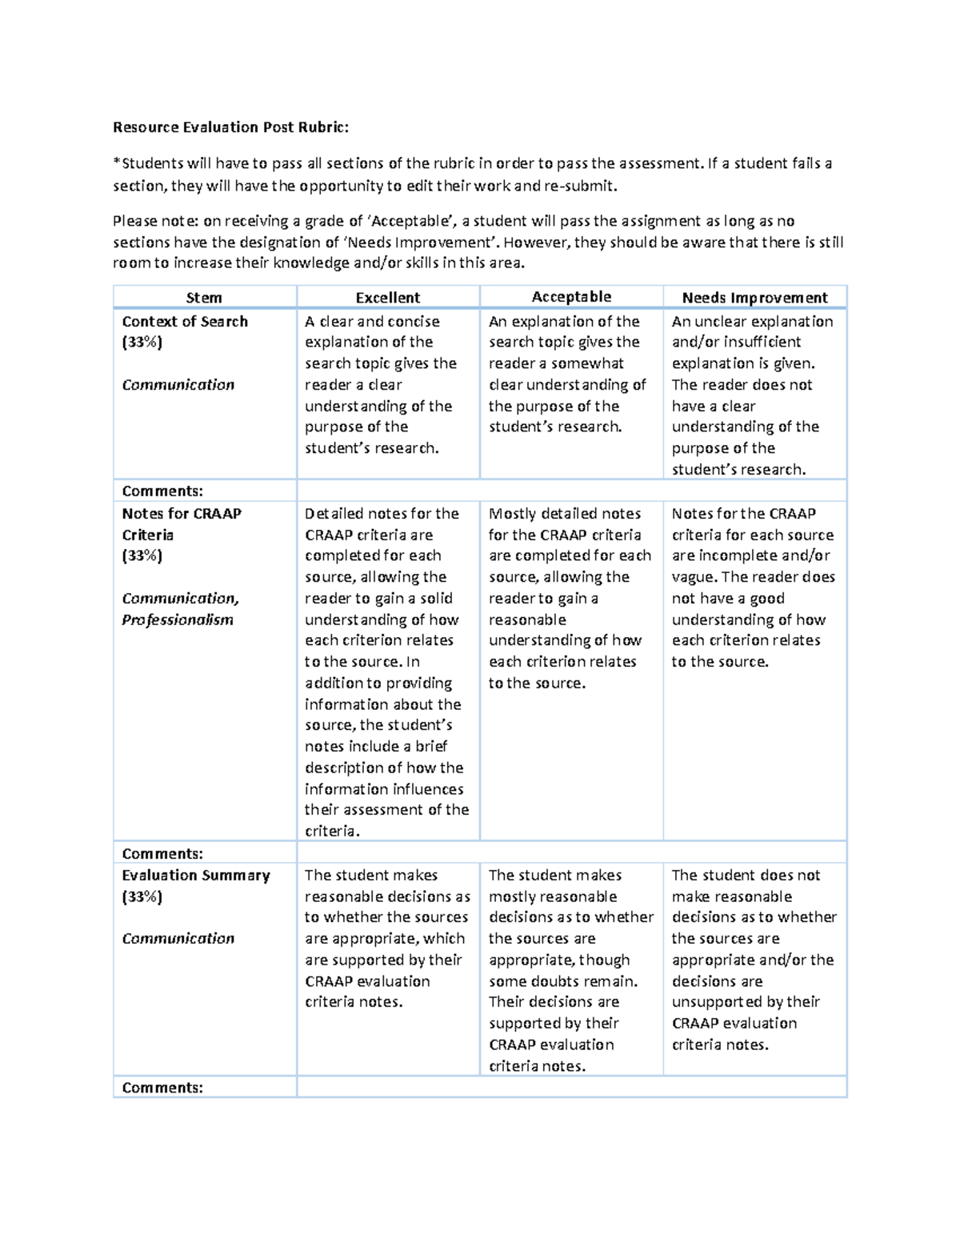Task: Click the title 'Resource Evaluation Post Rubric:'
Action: coord(230,127)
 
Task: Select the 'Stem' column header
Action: coord(204,298)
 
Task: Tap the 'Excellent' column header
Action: coord(387,298)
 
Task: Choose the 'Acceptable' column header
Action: coord(571,297)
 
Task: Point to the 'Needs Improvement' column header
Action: coord(754,298)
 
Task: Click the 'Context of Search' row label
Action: coord(185,322)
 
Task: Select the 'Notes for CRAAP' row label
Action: coord(182,514)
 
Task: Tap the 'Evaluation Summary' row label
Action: coord(196,876)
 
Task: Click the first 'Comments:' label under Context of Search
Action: coord(162,491)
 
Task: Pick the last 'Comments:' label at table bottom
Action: coord(162,1088)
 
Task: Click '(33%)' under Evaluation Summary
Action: coord(142,896)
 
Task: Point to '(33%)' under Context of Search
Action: coord(142,343)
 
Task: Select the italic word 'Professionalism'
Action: coord(178,619)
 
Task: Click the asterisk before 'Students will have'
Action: coord(117,163)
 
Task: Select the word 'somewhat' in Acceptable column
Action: coord(588,363)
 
